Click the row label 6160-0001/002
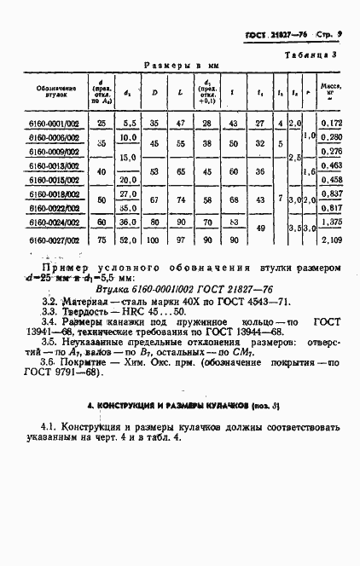[55, 124]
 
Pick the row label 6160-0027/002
[55, 240]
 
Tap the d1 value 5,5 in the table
[129, 124]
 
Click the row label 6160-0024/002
[55, 222]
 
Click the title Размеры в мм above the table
[181, 65]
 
